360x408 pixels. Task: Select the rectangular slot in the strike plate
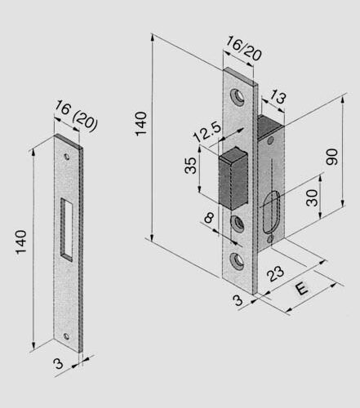pyautogui.click(x=68, y=228)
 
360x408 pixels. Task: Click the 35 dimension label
pyautogui.click(x=189, y=166)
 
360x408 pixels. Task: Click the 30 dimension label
pyautogui.click(x=311, y=197)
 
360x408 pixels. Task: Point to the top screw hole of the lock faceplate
pyautogui.click(x=238, y=95)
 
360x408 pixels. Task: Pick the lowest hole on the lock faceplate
pyautogui.click(x=238, y=259)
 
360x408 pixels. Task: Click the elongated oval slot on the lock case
pyautogui.click(x=273, y=212)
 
